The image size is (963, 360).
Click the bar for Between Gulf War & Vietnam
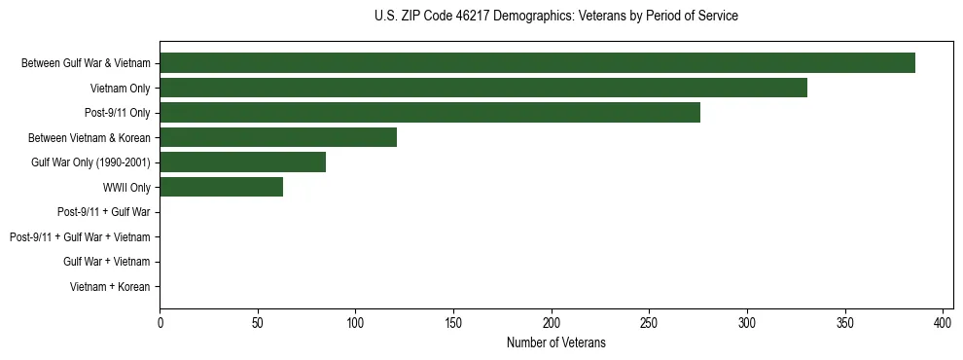pyautogui.click(x=537, y=63)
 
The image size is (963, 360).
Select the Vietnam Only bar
pyautogui.click(x=483, y=88)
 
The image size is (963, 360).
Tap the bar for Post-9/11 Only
pyautogui.click(x=430, y=113)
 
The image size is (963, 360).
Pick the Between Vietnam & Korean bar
pyautogui.click(x=278, y=137)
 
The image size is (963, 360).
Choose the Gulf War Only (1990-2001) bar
pyautogui.click(x=242, y=162)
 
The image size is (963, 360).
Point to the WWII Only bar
pyautogui.click(x=221, y=187)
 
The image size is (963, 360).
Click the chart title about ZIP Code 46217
pyautogui.click(x=555, y=17)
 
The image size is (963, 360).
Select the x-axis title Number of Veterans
pyautogui.click(x=555, y=342)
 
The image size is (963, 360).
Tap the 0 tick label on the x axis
pyautogui.click(x=160, y=323)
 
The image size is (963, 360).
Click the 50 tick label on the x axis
pyautogui.click(x=258, y=323)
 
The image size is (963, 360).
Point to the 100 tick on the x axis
pyautogui.click(x=355, y=323)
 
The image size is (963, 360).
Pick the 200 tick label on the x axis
pyautogui.click(x=552, y=323)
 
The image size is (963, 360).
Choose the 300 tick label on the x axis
pyautogui.click(x=747, y=323)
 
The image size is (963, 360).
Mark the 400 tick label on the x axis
pyautogui.click(x=943, y=323)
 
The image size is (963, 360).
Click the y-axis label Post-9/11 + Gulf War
pyautogui.click(x=103, y=212)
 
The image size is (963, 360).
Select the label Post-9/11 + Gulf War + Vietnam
pyautogui.click(x=80, y=237)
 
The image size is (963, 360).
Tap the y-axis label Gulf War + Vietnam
pyautogui.click(x=107, y=262)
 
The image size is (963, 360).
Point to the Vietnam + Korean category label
pyautogui.click(x=110, y=287)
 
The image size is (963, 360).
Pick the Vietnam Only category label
pyautogui.click(x=121, y=89)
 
